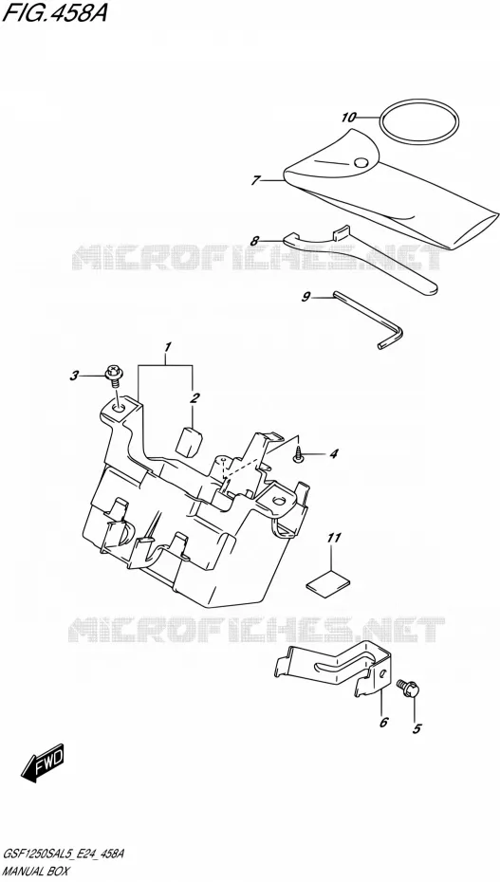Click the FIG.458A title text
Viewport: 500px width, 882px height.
coord(54,12)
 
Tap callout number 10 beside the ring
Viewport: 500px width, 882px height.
coord(349,117)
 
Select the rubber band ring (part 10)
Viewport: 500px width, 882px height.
coord(419,121)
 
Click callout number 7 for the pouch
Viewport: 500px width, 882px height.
coord(256,180)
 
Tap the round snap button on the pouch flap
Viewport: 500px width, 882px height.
coord(361,163)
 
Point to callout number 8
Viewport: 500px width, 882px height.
coord(255,241)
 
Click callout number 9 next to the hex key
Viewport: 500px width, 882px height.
coord(306,297)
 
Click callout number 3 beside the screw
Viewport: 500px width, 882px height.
coord(74,377)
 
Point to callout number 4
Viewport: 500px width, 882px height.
coord(334,452)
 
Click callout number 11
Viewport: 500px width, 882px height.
coord(334,539)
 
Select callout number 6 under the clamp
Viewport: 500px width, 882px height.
coord(383,723)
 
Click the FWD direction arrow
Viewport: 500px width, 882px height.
coord(44,763)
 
